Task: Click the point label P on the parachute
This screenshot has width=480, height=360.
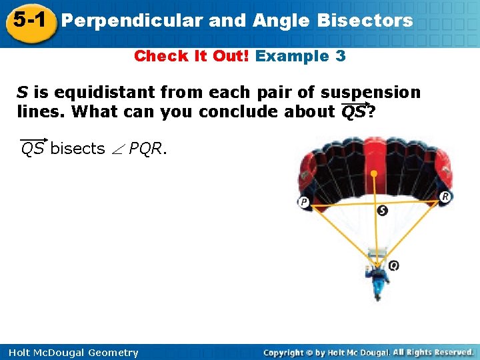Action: (x=304, y=202)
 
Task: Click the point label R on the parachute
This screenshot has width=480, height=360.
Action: (x=445, y=196)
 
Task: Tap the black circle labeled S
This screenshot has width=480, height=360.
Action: (x=382, y=211)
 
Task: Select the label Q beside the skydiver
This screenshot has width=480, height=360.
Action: (x=393, y=265)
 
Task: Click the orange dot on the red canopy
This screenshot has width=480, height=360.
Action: (x=375, y=173)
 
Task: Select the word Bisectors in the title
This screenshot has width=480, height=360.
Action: (x=365, y=21)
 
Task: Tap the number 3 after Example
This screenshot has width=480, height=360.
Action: (x=341, y=56)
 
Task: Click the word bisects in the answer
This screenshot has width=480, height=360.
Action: (x=77, y=148)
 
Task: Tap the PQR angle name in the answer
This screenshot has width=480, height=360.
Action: (x=146, y=148)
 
